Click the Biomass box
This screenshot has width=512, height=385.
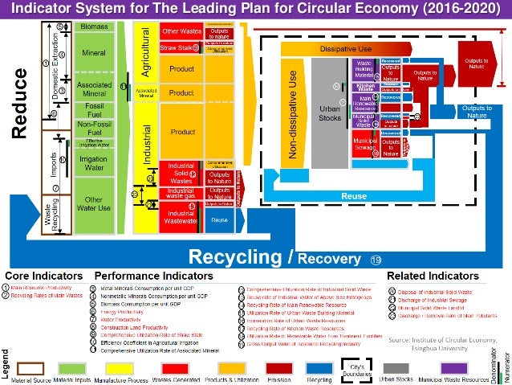95,27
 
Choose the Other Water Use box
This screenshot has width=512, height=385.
95,205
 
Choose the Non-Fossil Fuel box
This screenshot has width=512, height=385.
95,129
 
